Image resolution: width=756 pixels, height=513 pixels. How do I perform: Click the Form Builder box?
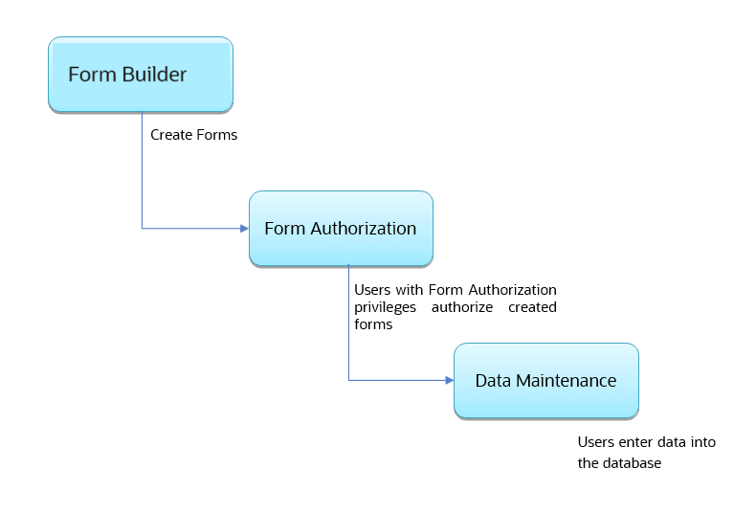141,75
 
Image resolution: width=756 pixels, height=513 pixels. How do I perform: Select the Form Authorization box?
341,229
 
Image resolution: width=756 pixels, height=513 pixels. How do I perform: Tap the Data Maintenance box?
545,381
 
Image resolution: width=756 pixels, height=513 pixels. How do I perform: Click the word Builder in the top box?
155,75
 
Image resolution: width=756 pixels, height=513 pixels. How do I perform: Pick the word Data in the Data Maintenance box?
494,381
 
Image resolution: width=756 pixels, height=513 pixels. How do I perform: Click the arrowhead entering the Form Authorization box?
243,229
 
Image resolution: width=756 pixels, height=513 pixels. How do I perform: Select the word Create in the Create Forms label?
171,135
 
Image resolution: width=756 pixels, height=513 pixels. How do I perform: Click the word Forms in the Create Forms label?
216,135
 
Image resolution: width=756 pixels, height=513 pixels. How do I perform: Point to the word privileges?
387,307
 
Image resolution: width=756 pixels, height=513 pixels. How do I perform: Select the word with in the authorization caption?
409,289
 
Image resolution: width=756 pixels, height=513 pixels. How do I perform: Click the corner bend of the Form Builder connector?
142,229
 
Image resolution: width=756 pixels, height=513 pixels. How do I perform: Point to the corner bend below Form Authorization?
348,381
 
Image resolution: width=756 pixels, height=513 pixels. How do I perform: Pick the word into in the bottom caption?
703,442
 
